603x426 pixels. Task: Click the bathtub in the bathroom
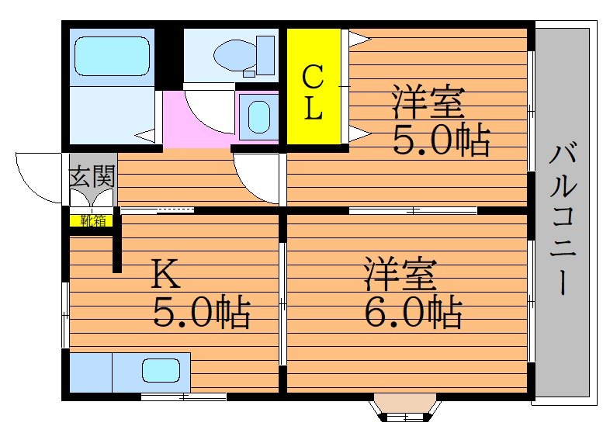(111, 56)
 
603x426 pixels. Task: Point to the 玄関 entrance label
(92, 178)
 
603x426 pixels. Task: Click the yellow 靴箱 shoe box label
(92, 220)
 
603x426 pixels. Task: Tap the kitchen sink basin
(161, 372)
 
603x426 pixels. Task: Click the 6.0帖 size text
(413, 313)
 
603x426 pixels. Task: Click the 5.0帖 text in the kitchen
(200, 313)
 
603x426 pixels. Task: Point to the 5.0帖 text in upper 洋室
(440, 140)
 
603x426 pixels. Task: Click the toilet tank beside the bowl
(265, 54)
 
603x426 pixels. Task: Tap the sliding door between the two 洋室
(412, 210)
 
